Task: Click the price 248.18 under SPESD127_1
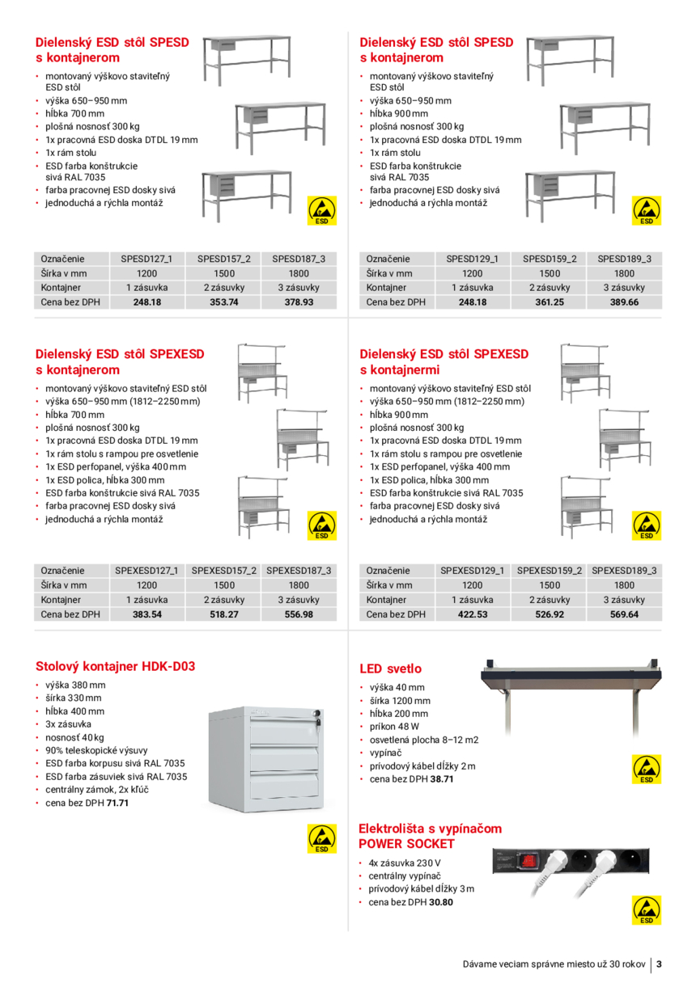pos(146,302)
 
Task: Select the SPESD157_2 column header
pos(223,259)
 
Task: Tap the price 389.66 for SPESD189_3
pos(624,302)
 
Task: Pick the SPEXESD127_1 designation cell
pos(146,571)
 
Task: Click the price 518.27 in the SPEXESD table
pos(223,614)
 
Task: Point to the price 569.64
pos(624,614)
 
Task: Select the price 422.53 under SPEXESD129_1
pos(472,614)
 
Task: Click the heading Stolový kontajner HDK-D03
pos(115,667)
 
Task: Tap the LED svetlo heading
pos(390,669)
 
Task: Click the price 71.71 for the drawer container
pos(117,803)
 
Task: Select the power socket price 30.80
pos(441,901)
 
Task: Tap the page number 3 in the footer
pos(660,964)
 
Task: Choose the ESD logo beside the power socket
pos(647,910)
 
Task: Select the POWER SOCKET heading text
pos(406,844)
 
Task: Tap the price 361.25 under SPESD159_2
pos(549,302)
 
